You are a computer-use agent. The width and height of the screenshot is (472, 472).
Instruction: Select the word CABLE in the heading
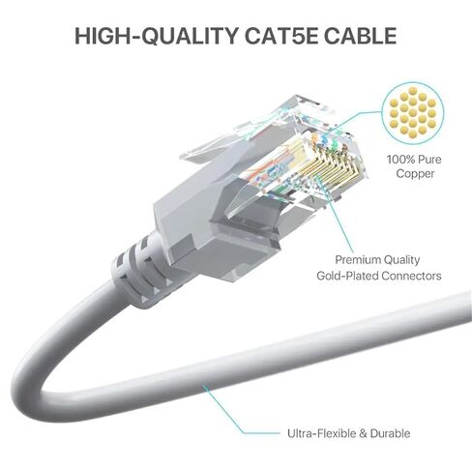pyautogui.click(x=361, y=36)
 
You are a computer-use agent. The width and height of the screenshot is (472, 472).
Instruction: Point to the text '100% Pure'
pyautogui.click(x=414, y=160)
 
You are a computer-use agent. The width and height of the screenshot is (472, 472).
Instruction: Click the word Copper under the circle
pyautogui.click(x=415, y=174)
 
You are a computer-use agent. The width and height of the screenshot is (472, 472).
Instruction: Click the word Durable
pyautogui.click(x=390, y=433)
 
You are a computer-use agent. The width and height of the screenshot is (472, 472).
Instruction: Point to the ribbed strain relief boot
pyautogui.click(x=137, y=271)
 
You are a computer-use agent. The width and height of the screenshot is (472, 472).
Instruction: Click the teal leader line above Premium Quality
pyautogui.click(x=336, y=215)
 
